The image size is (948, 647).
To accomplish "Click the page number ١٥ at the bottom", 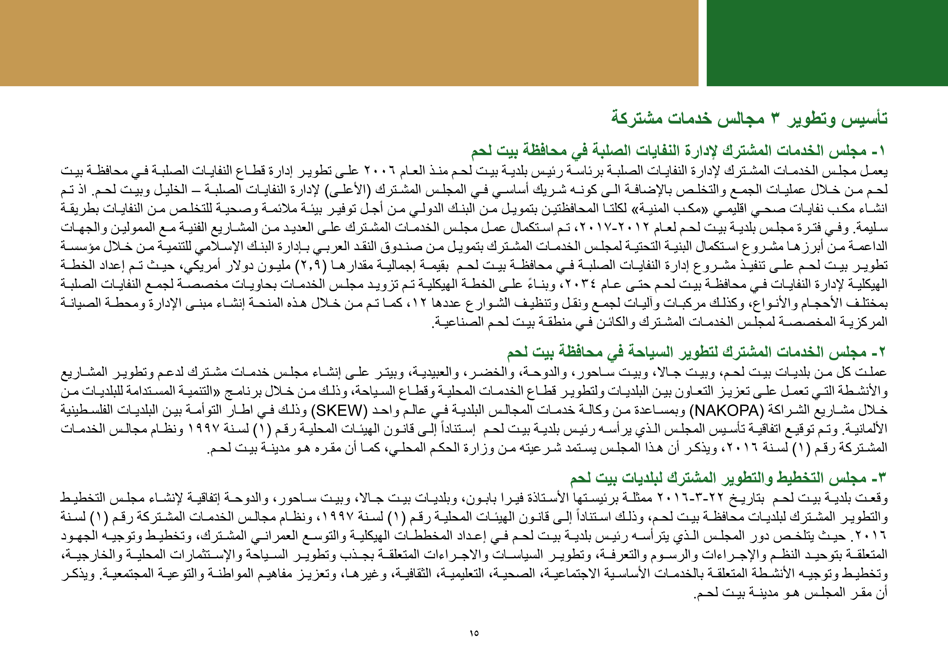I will [x=473, y=633].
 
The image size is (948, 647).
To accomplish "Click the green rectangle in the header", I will [x=827, y=43].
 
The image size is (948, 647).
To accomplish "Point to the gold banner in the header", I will [x=349, y=43].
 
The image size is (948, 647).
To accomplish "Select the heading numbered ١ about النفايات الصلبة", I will [x=679, y=151].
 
